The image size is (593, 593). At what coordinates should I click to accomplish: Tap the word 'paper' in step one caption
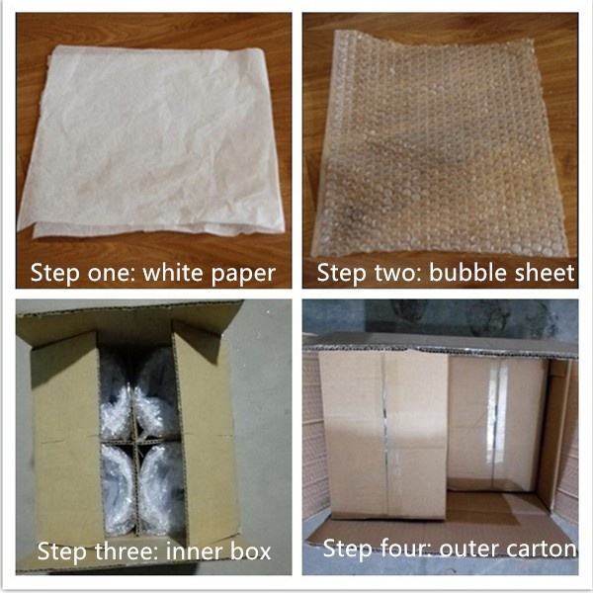(x=243, y=275)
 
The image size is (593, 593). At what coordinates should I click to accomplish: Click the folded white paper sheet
(x=151, y=141)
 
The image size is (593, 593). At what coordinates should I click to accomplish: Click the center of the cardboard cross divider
(x=136, y=442)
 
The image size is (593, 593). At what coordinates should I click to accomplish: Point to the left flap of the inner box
(x=66, y=435)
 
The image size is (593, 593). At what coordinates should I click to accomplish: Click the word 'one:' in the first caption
(x=111, y=273)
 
